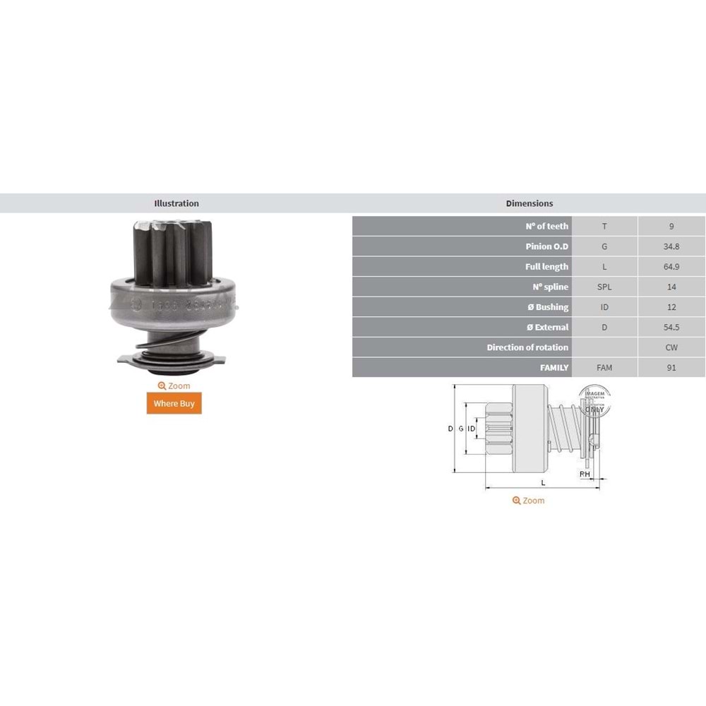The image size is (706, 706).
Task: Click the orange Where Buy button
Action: [174, 403]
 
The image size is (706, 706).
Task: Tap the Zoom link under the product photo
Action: [174, 386]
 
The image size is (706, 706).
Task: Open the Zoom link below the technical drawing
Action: [529, 501]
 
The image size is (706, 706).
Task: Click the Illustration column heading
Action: [176, 203]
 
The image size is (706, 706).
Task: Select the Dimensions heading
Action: [529, 203]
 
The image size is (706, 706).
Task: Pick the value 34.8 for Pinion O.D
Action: [671, 246]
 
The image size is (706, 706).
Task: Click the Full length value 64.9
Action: [671, 267]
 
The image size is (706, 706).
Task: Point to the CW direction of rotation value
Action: [671, 347]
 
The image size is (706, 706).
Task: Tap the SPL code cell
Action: [604, 287]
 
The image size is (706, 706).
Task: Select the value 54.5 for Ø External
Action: [671, 328]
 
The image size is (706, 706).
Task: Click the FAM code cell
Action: [604, 368]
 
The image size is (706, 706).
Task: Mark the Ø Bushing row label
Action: [547, 307]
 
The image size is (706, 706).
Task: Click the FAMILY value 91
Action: [671, 368]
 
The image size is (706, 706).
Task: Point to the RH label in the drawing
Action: [585, 474]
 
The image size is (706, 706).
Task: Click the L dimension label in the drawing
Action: [543, 482]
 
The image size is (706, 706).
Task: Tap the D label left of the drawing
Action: [450, 429]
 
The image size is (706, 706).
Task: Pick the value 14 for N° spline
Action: [671, 287]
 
